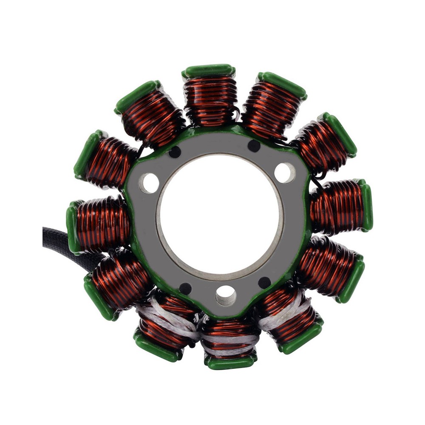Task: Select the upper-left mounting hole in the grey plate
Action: click(x=149, y=183)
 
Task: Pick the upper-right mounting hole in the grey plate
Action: click(x=284, y=173)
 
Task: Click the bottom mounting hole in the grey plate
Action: click(x=225, y=295)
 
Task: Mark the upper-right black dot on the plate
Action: click(x=254, y=146)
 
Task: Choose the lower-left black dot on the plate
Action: click(x=185, y=289)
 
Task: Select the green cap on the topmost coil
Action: click(x=209, y=71)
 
